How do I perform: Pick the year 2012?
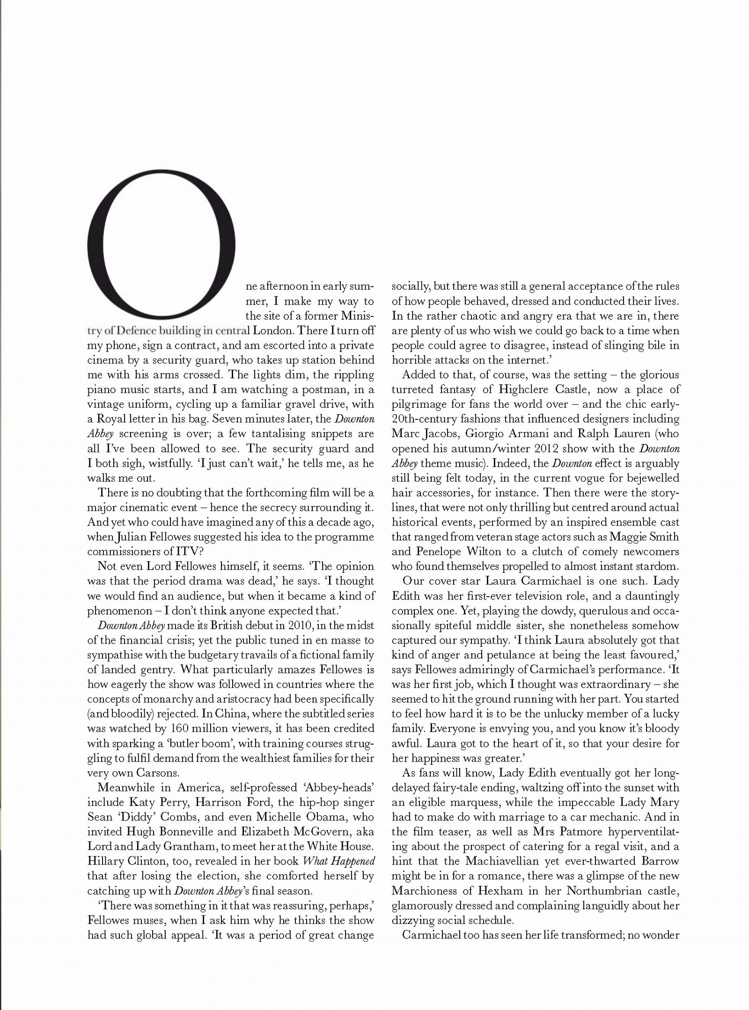(527, 448)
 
